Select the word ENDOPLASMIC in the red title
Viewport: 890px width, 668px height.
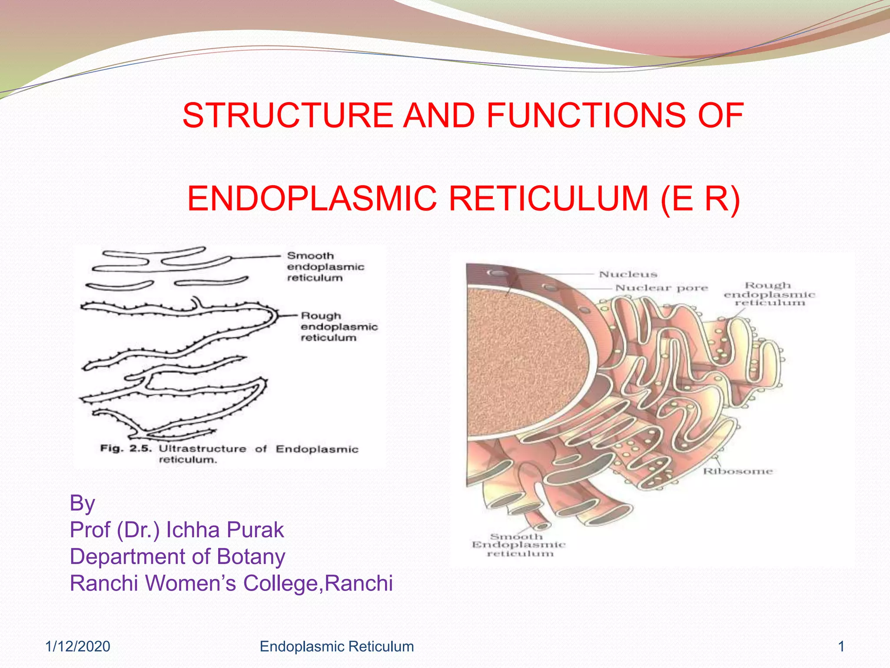pyautogui.click(x=312, y=199)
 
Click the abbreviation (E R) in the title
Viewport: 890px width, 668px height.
pyautogui.click(x=700, y=199)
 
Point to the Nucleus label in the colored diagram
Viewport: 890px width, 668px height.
pyautogui.click(x=628, y=274)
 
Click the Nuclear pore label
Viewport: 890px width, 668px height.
pyautogui.click(x=661, y=288)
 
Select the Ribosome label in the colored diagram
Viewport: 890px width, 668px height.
pyautogui.click(x=738, y=471)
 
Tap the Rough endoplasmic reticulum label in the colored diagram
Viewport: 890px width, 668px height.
pyautogui.click(x=769, y=294)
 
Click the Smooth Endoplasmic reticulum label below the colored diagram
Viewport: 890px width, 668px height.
pyautogui.click(x=518, y=545)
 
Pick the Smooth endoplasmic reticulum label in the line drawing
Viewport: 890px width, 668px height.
pyautogui.click(x=325, y=267)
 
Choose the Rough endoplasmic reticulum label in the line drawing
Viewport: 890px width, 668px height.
pyautogui.click(x=339, y=327)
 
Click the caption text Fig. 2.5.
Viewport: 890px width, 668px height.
pyautogui.click(x=126, y=448)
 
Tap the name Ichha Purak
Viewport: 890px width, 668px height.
pyautogui.click(x=225, y=530)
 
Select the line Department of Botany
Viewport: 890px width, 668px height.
pyautogui.click(x=177, y=557)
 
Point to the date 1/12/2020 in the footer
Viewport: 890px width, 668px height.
pyautogui.click(x=78, y=647)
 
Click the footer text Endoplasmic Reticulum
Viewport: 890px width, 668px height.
pyautogui.click(x=336, y=647)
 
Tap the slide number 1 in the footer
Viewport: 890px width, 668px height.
pyautogui.click(x=841, y=647)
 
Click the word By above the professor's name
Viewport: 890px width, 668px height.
pyautogui.click(x=82, y=503)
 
